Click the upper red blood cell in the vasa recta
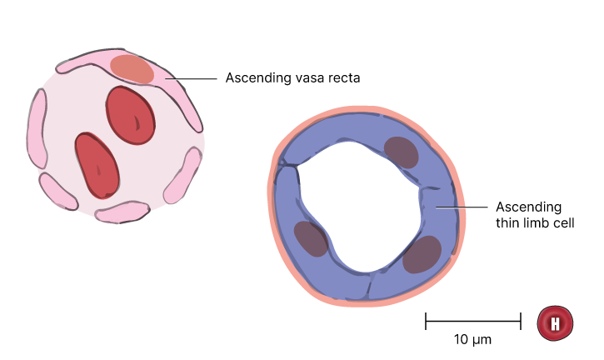(x=131, y=115)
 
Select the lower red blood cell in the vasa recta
(x=97, y=166)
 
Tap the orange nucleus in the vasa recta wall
(x=132, y=69)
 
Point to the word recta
(x=344, y=77)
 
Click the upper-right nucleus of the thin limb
(x=401, y=152)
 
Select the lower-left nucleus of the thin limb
(x=312, y=238)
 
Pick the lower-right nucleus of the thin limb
(x=422, y=254)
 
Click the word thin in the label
(x=508, y=222)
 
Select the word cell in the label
(x=564, y=222)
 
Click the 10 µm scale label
(x=472, y=339)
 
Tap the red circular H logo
(x=555, y=323)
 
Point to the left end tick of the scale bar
(x=426, y=321)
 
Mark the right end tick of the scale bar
(x=521, y=321)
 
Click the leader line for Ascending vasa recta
(x=192, y=78)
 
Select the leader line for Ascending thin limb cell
(x=462, y=207)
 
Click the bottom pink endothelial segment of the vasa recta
(x=122, y=212)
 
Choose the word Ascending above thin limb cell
(x=528, y=207)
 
